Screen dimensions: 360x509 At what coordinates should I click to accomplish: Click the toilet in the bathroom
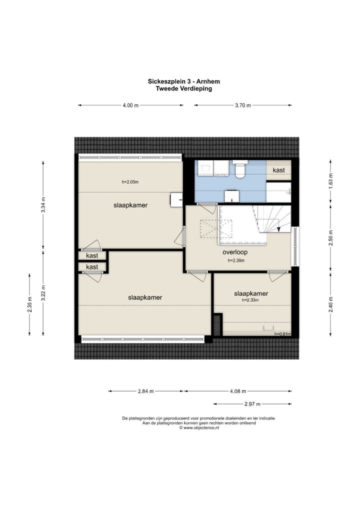coord(240,169)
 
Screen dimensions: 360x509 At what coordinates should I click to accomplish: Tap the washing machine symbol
coord(205,168)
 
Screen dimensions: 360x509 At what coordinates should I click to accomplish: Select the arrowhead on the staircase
coord(278,229)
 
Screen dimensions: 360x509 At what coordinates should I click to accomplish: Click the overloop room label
coord(235,252)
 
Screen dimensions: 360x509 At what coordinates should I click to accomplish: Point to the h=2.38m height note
coord(236,260)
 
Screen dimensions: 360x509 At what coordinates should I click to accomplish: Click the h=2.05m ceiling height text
coord(130,182)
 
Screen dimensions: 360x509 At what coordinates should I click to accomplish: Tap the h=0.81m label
coord(282,334)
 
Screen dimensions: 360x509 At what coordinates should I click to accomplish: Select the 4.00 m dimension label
coord(130,105)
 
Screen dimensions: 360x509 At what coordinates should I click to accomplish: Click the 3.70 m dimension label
coord(243,105)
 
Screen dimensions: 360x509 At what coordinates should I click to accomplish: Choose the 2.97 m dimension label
coord(252,404)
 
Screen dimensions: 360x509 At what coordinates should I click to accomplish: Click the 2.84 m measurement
coord(146,391)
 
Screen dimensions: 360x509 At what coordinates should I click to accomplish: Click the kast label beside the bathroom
coord(278,170)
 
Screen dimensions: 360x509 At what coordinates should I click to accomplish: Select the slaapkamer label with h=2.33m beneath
coord(251,294)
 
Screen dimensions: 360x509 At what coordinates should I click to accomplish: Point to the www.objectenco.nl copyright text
coord(199,428)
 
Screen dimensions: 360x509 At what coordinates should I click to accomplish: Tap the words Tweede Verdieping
coord(183,88)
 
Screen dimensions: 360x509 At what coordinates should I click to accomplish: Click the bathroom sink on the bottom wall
coord(232,195)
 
